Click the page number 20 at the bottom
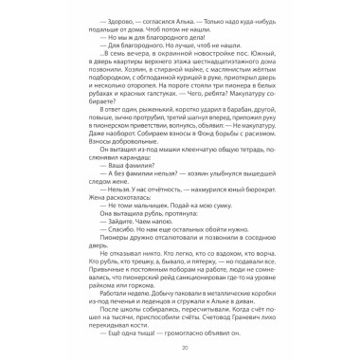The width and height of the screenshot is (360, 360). point(180,347)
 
